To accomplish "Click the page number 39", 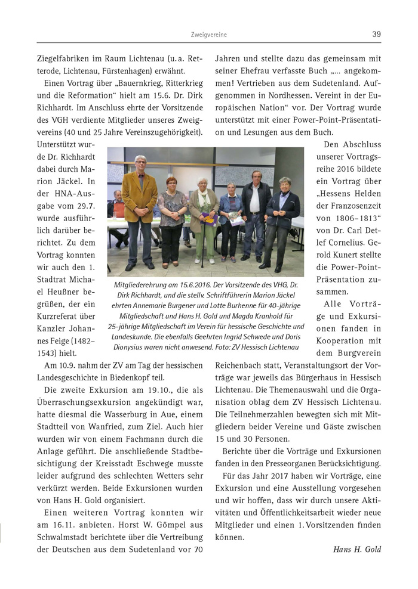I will [x=376, y=34].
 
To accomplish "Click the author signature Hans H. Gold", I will [x=357, y=549].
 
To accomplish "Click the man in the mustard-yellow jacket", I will [x=139, y=203].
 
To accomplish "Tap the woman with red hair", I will [x=171, y=206].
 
